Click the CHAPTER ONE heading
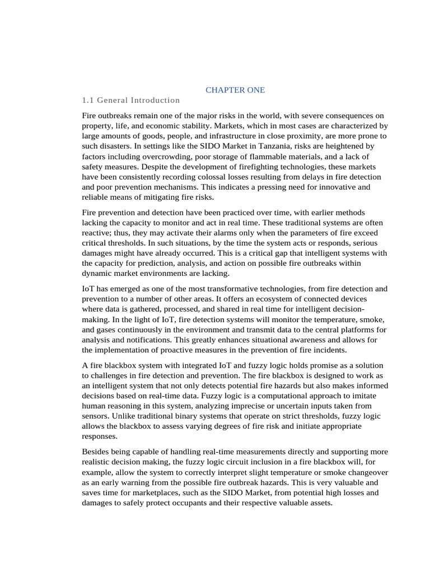pyautogui.click(x=235, y=90)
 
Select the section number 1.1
pyautogui.click(x=87, y=100)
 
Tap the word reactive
pyautogui.click(x=96, y=233)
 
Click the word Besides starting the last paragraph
pyautogui.click(x=95, y=452)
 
